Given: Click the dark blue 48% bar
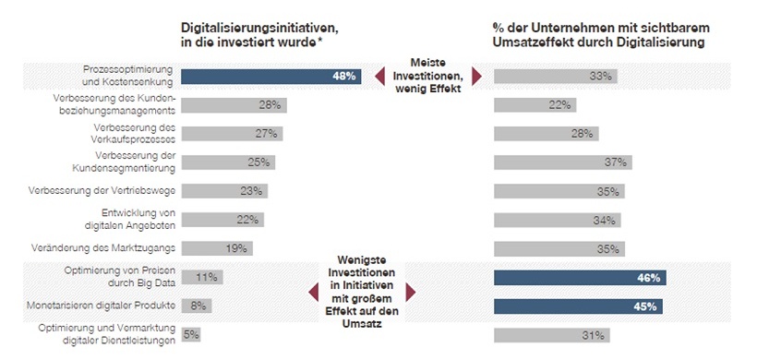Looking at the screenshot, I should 270,77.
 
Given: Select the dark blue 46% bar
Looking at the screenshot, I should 580,277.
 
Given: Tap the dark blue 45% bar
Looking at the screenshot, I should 578,306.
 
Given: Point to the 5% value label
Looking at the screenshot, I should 192,334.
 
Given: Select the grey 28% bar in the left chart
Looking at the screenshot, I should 234,105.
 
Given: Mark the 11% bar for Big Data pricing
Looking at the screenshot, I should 201,277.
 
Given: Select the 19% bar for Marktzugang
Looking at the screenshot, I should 216,248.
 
